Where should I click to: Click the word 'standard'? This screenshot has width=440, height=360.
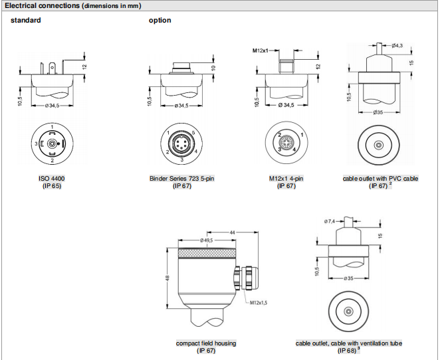pyautogui.click(x=25, y=20)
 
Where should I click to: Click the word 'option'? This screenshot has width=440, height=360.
pyautogui.click(x=160, y=20)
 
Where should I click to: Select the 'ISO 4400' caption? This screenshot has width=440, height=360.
pyautogui.click(x=52, y=179)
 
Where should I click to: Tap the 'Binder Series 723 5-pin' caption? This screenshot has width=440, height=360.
pyautogui.click(x=181, y=179)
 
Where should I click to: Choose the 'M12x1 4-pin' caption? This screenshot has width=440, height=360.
pyautogui.click(x=286, y=179)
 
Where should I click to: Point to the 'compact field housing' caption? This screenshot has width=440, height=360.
pyautogui.click(x=206, y=343)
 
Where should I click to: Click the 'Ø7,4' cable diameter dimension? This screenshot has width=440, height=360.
pyautogui.click(x=330, y=221)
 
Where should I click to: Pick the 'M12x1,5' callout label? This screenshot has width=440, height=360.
pyautogui.click(x=261, y=302)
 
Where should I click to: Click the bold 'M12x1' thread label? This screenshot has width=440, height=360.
pyautogui.click(x=264, y=50)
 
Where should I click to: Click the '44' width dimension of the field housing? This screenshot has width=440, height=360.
pyautogui.click(x=233, y=231)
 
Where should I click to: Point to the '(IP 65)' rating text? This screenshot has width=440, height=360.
pyautogui.click(x=52, y=186)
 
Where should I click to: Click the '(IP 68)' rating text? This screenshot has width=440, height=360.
pyautogui.click(x=347, y=351)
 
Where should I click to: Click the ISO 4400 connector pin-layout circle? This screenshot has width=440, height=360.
pyautogui.click(x=52, y=143)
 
